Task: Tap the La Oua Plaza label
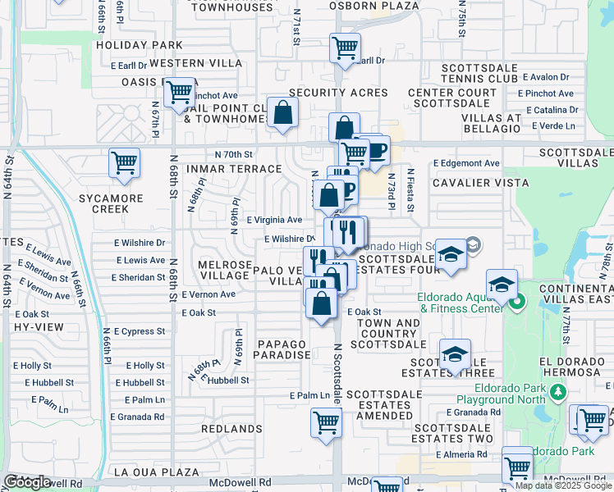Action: point(157,471)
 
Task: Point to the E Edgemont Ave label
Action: point(466,163)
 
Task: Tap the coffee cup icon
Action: point(377,151)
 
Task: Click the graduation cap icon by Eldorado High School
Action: point(451,254)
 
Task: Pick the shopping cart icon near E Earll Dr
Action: point(346,48)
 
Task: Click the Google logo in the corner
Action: point(27,482)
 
